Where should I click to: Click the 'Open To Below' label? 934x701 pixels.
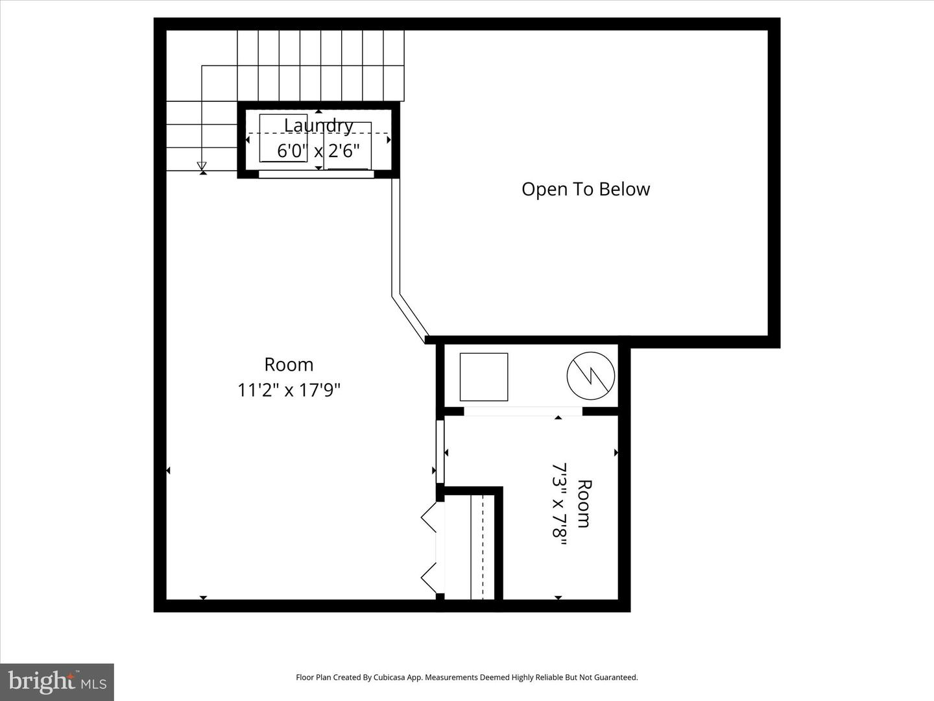pyautogui.click(x=585, y=189)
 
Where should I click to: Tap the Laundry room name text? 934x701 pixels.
pyautogui.click(x=318, y=125)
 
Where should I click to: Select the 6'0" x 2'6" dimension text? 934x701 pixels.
pyautogui.click(x=318, y=151)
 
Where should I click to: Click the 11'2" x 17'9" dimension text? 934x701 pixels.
pyautogui.click(x=289, y=390)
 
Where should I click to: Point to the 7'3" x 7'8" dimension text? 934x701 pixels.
pyautogui.click(x=559, y=504)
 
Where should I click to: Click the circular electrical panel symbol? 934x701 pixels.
pyautogui.click(x=590, y=376)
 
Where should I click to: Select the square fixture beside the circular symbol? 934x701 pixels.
pyautogui.click(x=484, y=376)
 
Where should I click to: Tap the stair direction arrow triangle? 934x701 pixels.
pyautogui.click(x=202, y=166)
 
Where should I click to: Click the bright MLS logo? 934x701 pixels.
pyautogui.click(x=57, y=682)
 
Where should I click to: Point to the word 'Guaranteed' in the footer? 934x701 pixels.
pyautogui.click(x=616, y=677)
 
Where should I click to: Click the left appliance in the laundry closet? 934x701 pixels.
pyautogui.click(x=283, y=138)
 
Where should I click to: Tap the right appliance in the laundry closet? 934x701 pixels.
pyautogui.click(x=348, y=145)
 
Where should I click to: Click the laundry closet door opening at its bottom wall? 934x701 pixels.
pyautogui.click(x=317, y=174)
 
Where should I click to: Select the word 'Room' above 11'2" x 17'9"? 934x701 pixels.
pyautogui.click(x=289, y=365)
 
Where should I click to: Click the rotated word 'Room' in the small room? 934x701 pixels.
pyautogui.click(x=584, y=503)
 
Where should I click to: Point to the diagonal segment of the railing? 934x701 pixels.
pyautogui.click(x=411, y=318)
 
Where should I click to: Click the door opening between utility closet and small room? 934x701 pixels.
pyautogui.click(x=523, y=411)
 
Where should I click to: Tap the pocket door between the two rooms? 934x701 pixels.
pyautogui.click(x=440, y=452)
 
